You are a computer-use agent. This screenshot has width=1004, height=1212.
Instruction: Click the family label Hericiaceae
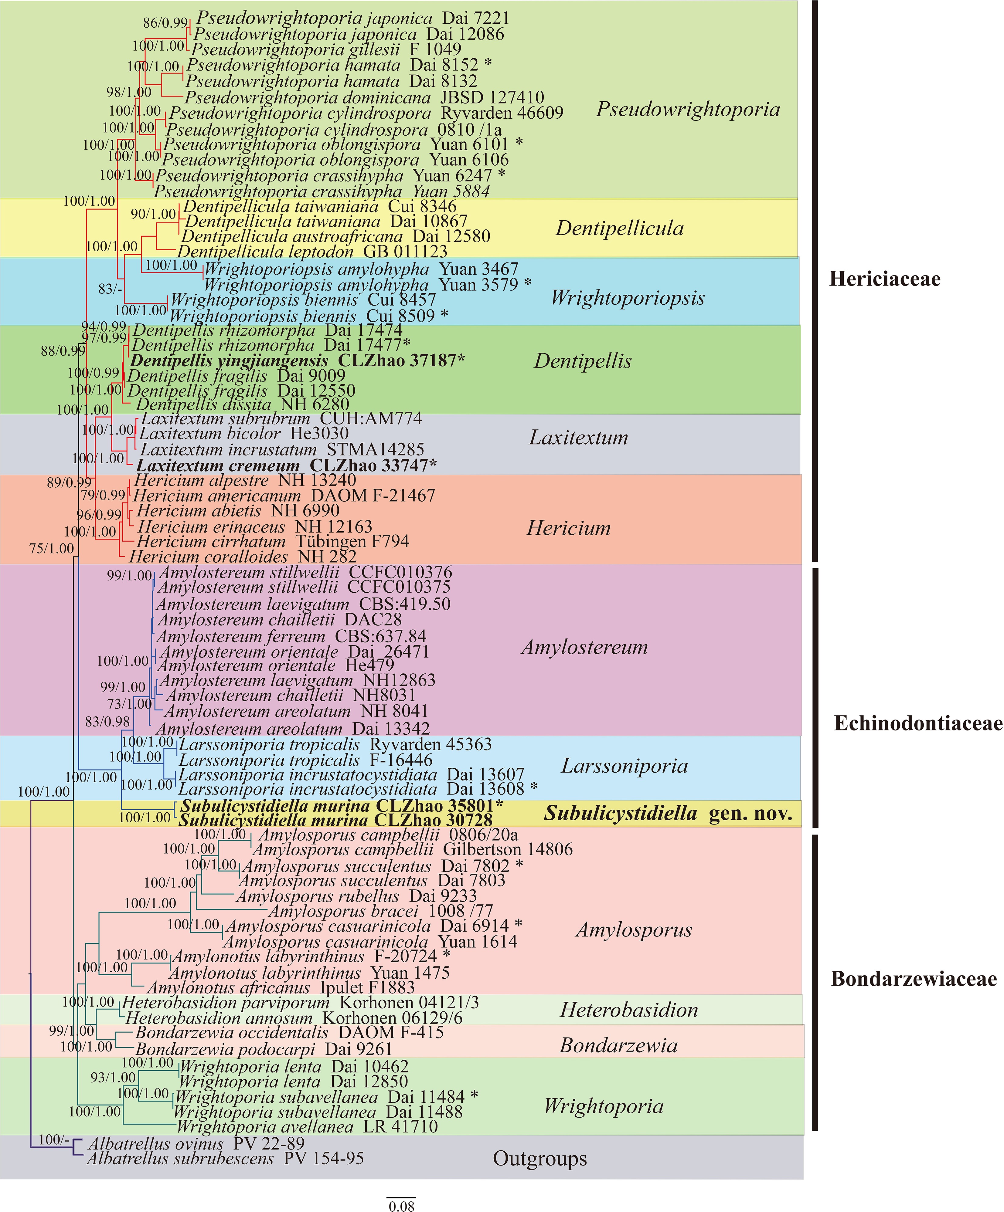coord(884,279)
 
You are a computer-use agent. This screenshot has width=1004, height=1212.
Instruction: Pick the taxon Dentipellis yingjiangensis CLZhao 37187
coord(298,361)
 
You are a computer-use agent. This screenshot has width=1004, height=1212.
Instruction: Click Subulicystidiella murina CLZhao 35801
coord(341,806)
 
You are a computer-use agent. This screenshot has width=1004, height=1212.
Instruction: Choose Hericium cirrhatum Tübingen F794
coord(273,541)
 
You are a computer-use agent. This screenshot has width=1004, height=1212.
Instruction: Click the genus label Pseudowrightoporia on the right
coord(688,109)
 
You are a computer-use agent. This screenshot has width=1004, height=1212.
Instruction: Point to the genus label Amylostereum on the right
coord(584,647)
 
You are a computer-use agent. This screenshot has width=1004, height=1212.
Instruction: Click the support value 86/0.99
coord(165,22)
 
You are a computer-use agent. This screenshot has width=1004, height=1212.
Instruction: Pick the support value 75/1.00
coord(51,548)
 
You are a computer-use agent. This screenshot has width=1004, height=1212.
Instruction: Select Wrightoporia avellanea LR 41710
coord(307,1127)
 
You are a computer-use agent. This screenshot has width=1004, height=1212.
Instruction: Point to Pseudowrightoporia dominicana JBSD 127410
coord(364,97)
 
